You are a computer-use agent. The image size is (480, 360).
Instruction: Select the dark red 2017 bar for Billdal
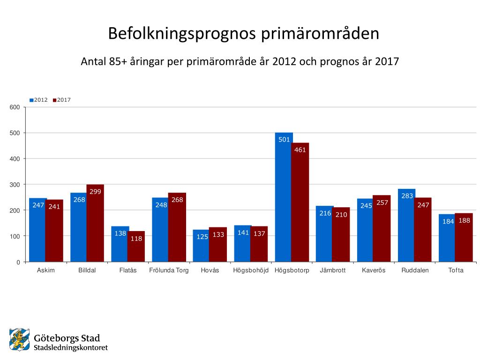tap(95, 225)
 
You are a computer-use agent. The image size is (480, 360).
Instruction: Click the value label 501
tap(284, 140)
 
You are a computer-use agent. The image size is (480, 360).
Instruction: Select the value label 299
tap(95, 192)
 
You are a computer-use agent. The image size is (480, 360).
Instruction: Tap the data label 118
tap(136, 238)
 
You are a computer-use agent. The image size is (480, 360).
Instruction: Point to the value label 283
tap(407, 196)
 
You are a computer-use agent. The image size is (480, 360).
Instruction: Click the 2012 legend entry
tap(38, 100)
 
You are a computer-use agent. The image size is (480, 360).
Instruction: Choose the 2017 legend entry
tap(62, 100)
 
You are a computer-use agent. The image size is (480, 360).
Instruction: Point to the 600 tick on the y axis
tap(15, 107)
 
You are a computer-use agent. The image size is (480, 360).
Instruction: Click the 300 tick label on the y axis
tap(15, 185)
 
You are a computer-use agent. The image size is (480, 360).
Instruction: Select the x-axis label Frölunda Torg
tap(169, 270)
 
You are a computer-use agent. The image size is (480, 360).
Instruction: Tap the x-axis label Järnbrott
tap(332, 270)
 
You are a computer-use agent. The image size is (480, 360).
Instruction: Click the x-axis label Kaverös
tap(374, 270)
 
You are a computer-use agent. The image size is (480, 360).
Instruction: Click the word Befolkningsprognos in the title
tap(180, 34)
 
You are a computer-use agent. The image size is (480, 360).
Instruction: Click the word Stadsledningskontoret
tap(71, 348)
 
